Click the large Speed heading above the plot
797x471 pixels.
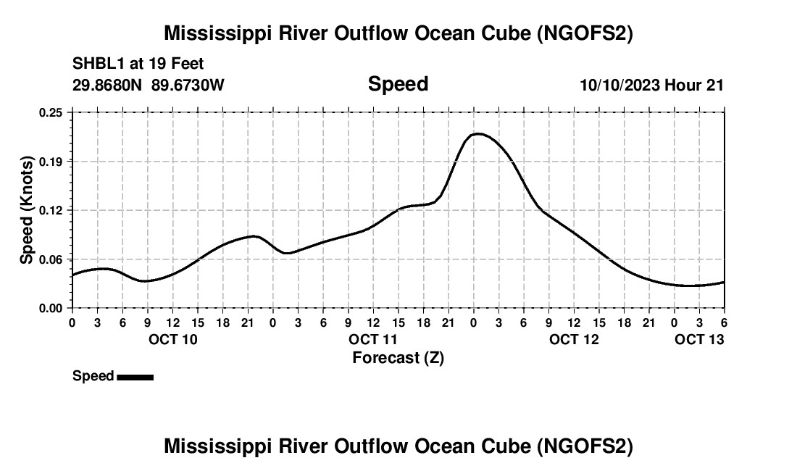(x=398, y=84)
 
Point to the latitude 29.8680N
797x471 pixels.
(x=108, y=85)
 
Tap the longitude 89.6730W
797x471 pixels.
(x=188, y=85)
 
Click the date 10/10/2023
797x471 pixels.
(x=619, y=85)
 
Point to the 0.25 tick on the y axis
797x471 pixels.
(x=51, y=112)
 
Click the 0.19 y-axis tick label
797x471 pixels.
(x=51, y=161)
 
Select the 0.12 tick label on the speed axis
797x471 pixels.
(x=51, y=210)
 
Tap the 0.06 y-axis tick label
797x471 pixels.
(x=51, y=259)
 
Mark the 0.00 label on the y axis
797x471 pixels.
(x=51, y=308)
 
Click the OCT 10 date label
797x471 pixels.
(x=172, y=339)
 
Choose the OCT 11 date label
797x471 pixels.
(x=373, y=339)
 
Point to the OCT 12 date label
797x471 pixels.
(x=574, y=339)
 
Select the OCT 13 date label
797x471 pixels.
(x=699, y=339)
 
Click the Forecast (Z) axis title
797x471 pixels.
(x=398, y=357)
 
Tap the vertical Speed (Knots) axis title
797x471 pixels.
(x=26, y=210)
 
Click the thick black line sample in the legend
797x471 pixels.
(x=135, y=377)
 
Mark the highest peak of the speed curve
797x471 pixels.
(x=477, y=133)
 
